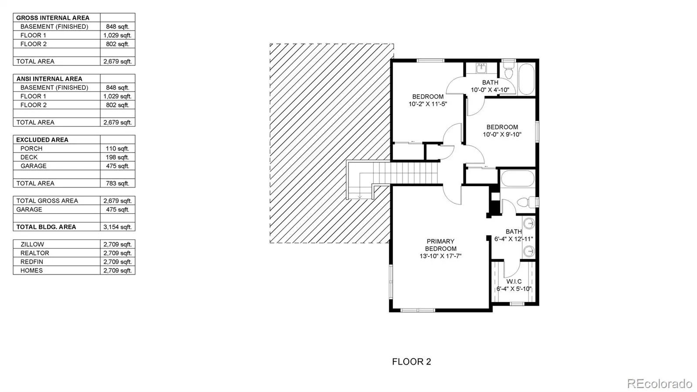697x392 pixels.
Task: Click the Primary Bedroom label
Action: (440, 245)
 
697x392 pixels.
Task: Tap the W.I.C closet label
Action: (514, 282)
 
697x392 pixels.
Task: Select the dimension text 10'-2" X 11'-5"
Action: (428, 104)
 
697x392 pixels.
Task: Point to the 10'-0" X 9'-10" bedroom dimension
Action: (502, 134)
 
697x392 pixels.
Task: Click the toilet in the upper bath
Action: (509, 70)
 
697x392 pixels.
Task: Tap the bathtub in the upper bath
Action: (527, 79)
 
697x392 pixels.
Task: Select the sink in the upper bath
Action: (481, 68)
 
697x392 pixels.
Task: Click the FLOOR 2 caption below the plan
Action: (411, 362)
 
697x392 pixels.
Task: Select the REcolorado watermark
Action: (660, 383)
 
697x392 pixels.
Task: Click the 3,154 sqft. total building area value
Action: (117, 227)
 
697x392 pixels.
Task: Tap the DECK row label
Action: (29, 157)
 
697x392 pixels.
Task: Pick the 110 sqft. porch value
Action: (117, 149)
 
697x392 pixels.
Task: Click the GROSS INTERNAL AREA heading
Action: (53, 18)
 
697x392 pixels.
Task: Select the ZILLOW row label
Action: (32, 245)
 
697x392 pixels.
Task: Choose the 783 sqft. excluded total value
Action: (117, 184)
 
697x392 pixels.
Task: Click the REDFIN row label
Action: (32, 262)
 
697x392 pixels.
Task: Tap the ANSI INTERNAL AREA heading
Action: (49, 79)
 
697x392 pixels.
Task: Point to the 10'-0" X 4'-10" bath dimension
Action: (490, 90)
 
